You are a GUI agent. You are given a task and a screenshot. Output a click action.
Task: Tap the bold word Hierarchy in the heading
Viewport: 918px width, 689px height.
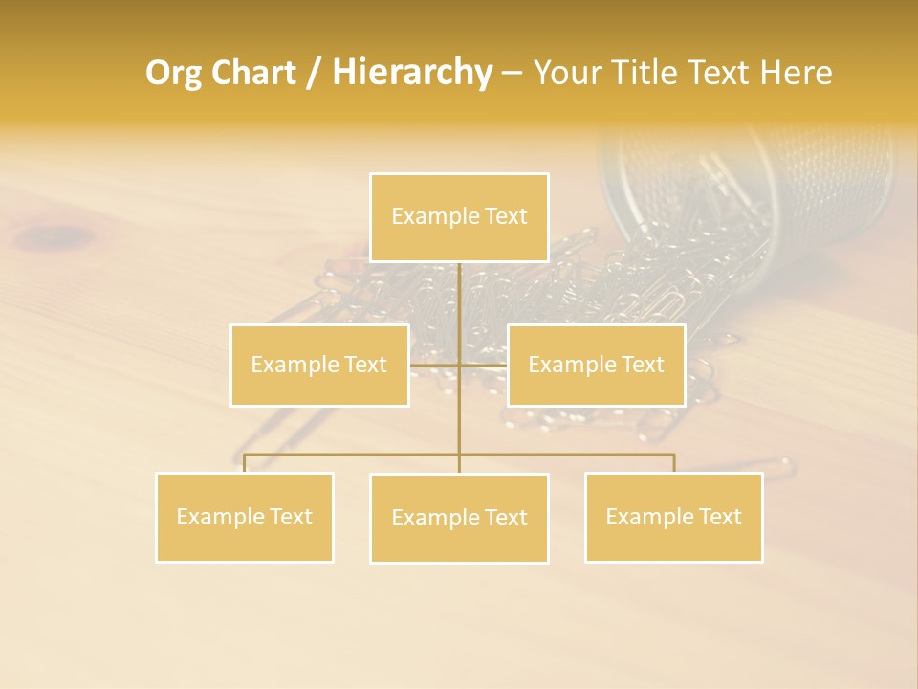click(x=412, y=73)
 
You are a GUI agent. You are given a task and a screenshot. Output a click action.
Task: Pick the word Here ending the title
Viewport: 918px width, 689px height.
click(x=797, y=73)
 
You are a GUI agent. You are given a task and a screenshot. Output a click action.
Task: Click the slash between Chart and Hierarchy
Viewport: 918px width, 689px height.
click(x=314, y=74)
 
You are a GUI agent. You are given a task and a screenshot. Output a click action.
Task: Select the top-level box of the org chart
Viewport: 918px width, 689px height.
click(x=459, y=217)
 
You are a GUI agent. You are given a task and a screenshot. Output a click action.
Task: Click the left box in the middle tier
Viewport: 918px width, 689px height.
click(x=319, y=365)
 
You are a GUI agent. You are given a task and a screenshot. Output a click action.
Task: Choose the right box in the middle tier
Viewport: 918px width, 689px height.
click(x=596, y=365)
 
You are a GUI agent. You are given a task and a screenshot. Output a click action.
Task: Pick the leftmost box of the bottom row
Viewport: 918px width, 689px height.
click(x=245, y=517)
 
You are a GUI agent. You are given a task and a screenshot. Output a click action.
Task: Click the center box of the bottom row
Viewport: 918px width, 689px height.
click(x=459, y=518)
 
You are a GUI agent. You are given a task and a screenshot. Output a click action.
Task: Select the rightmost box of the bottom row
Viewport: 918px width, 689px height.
click(x=673, y=517)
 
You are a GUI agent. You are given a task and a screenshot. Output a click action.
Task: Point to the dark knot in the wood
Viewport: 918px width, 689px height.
click(x=57, y=234)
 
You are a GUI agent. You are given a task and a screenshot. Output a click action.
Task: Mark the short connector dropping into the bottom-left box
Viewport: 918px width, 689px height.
click(x=245, y=463)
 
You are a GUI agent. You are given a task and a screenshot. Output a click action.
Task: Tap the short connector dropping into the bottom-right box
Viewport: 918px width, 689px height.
click(x=674, y=463)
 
